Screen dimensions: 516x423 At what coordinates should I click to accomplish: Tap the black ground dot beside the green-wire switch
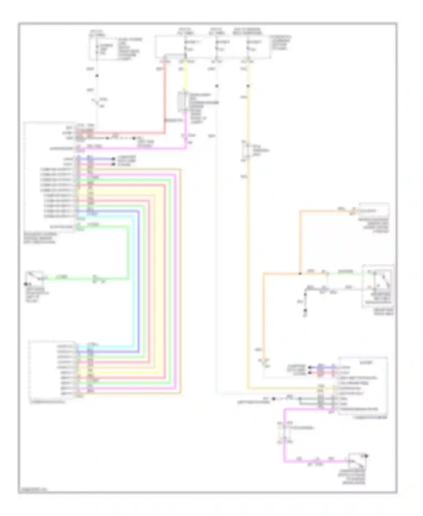click(x=26, y=284)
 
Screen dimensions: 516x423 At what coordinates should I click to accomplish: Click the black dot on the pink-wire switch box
click(x=366, y=456)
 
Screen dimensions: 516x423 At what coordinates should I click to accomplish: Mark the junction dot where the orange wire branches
click(x=300, y=274)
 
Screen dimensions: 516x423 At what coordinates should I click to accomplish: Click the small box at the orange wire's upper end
click(x=374, y=210)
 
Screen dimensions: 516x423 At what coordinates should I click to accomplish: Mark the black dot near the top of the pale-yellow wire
click(x=248, y=86)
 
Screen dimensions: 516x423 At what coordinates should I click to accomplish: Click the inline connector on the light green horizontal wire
click(x=95, y=279)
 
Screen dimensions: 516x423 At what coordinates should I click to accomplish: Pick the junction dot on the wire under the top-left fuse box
click(x=97, y=76)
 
